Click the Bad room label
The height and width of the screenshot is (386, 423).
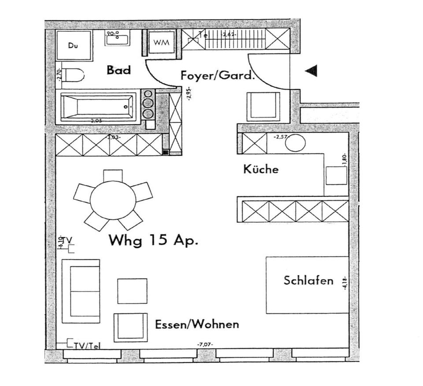(x=119, y=70)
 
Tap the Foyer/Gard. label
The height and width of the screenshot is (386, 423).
(x=218, y=75)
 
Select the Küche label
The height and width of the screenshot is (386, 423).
(x=261, y=169)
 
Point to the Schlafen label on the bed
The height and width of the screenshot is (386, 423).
(x=308, y=280)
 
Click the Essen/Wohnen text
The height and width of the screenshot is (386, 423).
(x=197, y=325)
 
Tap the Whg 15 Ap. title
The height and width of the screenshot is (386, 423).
(x=153, y=241)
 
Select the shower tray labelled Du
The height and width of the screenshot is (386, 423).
(x=73, y=45)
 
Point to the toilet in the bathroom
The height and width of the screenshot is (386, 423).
(x=74, y=75)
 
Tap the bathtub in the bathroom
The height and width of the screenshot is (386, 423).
(x=99, y=106)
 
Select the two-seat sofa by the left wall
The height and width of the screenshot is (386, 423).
(x=81, y=291)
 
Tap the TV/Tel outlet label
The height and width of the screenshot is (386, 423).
(x=85, y=346)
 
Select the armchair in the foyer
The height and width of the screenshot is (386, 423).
(x=263, y=106)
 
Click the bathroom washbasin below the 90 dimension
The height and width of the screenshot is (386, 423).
(x=117, y=40)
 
